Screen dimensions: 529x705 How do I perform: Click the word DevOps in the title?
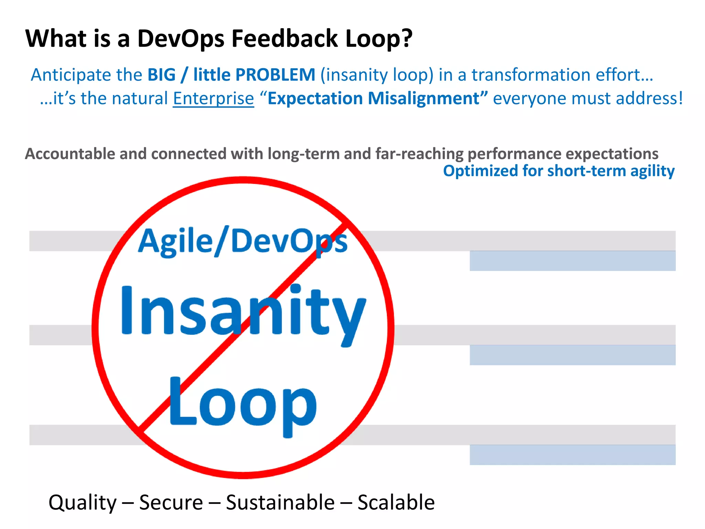tap(181, 39)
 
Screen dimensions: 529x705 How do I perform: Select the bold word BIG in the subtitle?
tap(161, 75)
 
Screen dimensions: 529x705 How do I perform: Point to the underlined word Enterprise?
tap(213, 98)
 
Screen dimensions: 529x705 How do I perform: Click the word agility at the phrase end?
tap(652, 171)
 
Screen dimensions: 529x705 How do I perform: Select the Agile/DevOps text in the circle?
tap(242, 241)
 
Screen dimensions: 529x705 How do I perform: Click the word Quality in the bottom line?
tap(83, 502)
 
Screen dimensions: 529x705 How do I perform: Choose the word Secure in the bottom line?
tap(171, 502)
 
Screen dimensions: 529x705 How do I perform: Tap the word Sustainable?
tap(280, 502)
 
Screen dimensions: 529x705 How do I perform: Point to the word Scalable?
tap(396, 502)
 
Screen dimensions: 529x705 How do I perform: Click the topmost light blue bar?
tap(572, 261)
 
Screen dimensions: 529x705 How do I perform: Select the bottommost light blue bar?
tap(572, 455)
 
